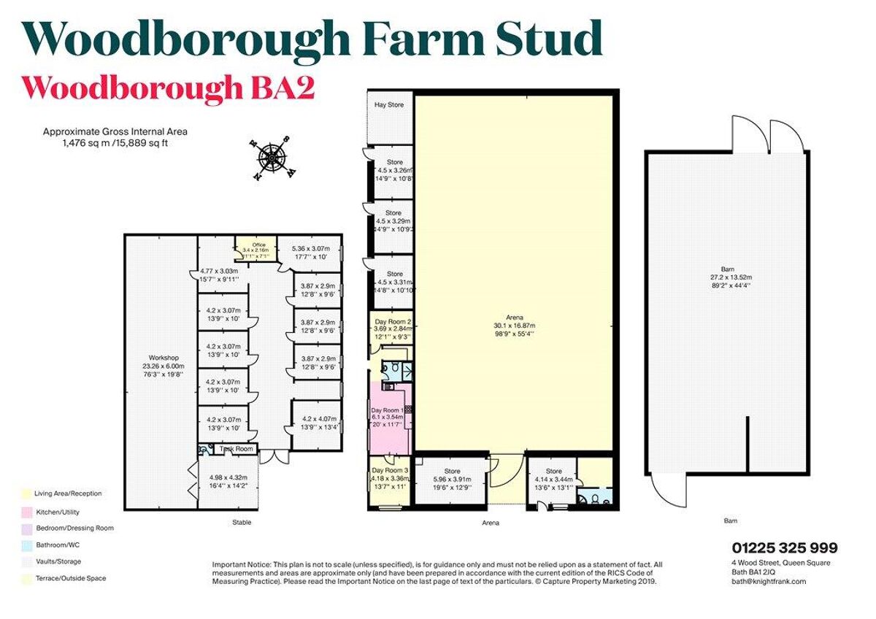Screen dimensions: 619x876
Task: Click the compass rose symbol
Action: pyautogui.click(x=272, y=156)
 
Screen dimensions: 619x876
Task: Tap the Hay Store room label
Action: pyautogui.click(x=389, y=105)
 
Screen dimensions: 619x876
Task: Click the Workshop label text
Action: pyautogui.click(x=162, y=358)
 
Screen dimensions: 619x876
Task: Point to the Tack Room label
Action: pyautogui.click(x=237, y=449)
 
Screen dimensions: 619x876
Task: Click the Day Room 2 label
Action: pyautogui.click(x=393, y=322)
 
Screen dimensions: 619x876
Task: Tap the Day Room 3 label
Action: pyautogui.click(x=389, y=471)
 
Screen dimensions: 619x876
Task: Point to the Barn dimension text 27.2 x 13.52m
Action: pyautogui.click(x=726, y=277)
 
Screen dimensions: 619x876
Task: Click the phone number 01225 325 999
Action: pyautogui.click(x=784, y=548)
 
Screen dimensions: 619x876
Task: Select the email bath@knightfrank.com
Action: pyautogui.click(x=769, y=581)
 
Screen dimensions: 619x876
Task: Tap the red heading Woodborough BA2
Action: pyautogui.click(x=168, y=88)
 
